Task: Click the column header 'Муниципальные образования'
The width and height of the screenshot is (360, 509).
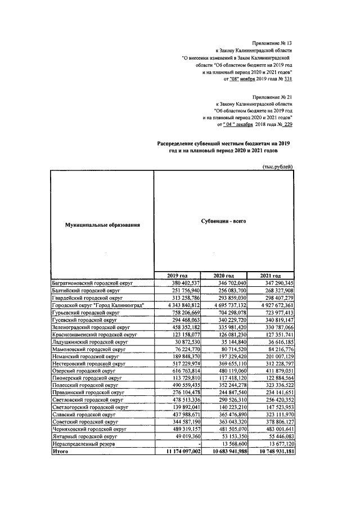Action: click(x=102, y=226)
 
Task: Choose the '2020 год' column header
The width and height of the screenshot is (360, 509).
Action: click(x=224, y=274)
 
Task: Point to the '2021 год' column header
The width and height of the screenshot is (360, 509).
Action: click(x=270, y=274)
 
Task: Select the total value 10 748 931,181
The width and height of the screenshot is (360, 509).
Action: click(x=269, y=451)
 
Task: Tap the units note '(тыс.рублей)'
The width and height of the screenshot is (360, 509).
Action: click(x=278, y=167)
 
